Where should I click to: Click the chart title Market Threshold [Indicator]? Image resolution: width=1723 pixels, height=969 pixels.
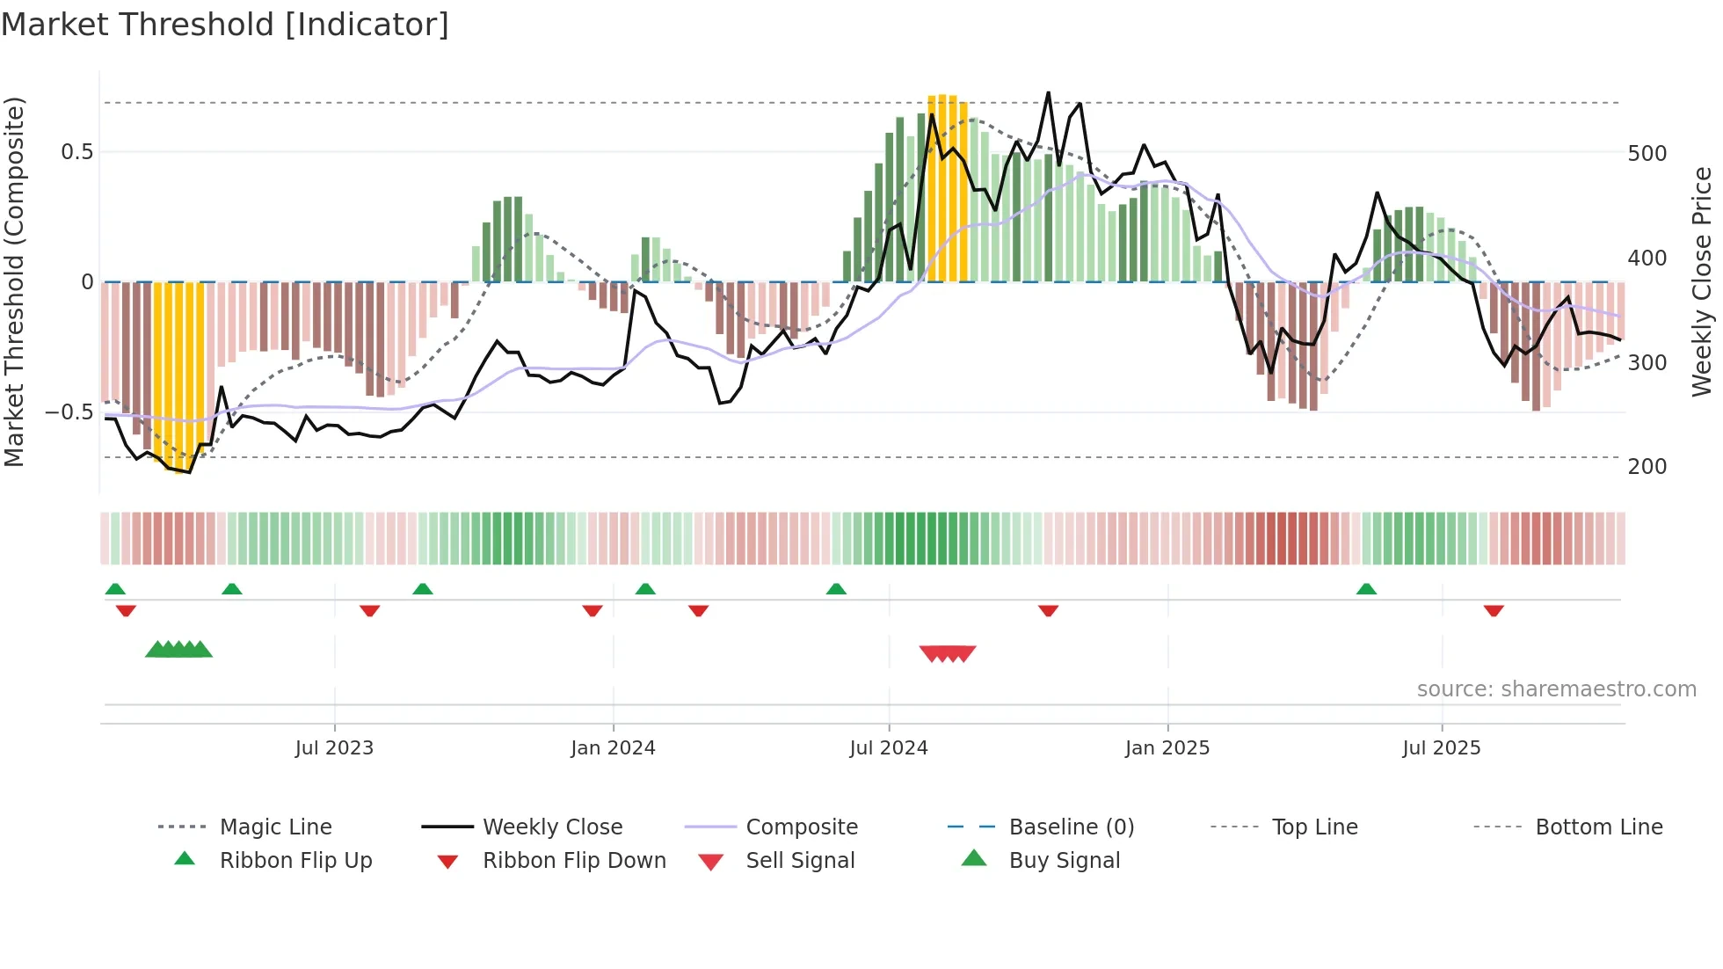(225, 25)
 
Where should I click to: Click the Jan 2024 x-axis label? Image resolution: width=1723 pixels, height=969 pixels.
(613, 747)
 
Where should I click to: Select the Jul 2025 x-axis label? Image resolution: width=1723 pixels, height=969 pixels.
(1441, 747)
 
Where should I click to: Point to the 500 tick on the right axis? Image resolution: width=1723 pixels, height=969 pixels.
(1647, 153)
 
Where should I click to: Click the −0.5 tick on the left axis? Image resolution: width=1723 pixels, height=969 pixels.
(69, 412)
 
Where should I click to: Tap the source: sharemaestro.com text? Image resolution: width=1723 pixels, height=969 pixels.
(1556, 688)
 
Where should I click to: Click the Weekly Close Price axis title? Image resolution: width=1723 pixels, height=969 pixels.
(1702, 281)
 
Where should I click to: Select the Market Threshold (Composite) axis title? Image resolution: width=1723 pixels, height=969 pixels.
(14, 281)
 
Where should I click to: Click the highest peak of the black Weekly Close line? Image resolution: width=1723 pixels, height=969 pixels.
(1048, 93)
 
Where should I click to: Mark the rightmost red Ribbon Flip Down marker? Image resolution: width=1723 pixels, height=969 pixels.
(1494, 610)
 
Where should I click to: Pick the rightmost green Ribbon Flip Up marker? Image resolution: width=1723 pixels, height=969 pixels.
(1366, 589)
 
